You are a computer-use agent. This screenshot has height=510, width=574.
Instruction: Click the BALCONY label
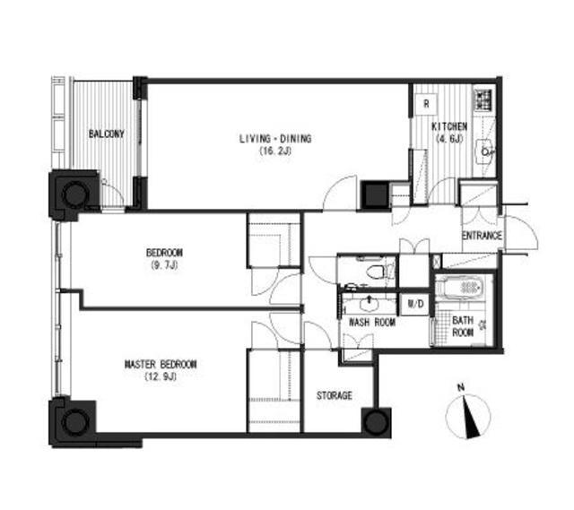[x=107, y=134]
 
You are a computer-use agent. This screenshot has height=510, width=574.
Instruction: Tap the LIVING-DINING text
[x=275, y=139]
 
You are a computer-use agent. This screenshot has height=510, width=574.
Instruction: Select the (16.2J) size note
[x=275, y=151]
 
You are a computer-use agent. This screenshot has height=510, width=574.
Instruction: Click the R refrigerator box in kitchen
[x=426, y=104]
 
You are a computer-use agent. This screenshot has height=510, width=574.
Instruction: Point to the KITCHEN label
[x=449, y=126]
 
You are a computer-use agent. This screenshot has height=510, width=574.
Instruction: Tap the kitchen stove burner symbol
[x=484, y=99]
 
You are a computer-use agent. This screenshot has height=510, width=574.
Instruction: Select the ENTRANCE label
[x=482, y=236]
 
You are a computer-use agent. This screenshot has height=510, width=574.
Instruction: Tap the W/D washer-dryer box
[x=415, y=304]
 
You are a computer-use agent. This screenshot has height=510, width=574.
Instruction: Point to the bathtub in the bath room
[x=464, y=288]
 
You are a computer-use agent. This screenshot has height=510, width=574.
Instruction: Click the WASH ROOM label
[x=372, y=323]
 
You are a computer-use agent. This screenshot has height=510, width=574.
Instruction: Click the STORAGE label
[x=335, y=395]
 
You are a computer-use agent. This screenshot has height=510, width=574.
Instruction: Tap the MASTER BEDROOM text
[x=161, y=365]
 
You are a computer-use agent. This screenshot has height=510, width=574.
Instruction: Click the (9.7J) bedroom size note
[x=164, y=265]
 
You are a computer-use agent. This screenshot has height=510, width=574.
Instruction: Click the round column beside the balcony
[x=75, y=194]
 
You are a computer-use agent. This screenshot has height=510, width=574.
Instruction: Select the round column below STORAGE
[x=376, y=422]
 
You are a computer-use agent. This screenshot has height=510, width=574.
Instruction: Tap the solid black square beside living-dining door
[x=375, y=195]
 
